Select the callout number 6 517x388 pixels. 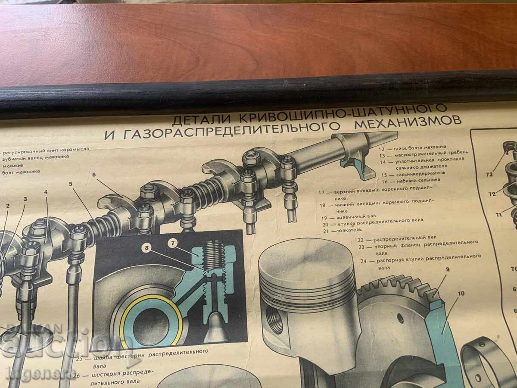93,175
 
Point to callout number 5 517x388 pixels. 71,183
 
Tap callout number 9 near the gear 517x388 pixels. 448,270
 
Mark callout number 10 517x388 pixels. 461,294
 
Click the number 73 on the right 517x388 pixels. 489,175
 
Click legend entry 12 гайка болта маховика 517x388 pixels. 412,147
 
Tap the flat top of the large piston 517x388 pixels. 306,259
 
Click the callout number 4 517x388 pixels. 46,192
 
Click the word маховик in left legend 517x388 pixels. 14,164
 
